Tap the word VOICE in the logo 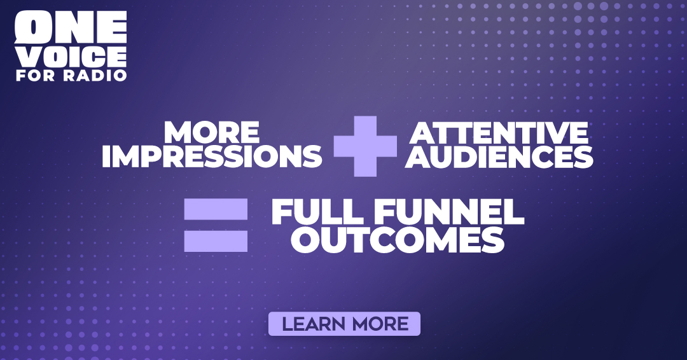[x=71, y=57]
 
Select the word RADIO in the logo [x=95, y=75]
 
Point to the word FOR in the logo [x=36, y=75]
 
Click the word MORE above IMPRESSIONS [x=212, y=132]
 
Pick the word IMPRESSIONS [x=212, y=156]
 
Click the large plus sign [x=365, y=146]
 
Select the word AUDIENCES [x=499, y=156]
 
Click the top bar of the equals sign [x=216, y=209]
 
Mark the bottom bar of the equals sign [x=216, y=241]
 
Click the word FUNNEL [x=449, y=212]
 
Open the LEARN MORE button [x=344, y=324]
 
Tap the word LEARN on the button [x=314, y=324]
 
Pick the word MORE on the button [x=380, y=324]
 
